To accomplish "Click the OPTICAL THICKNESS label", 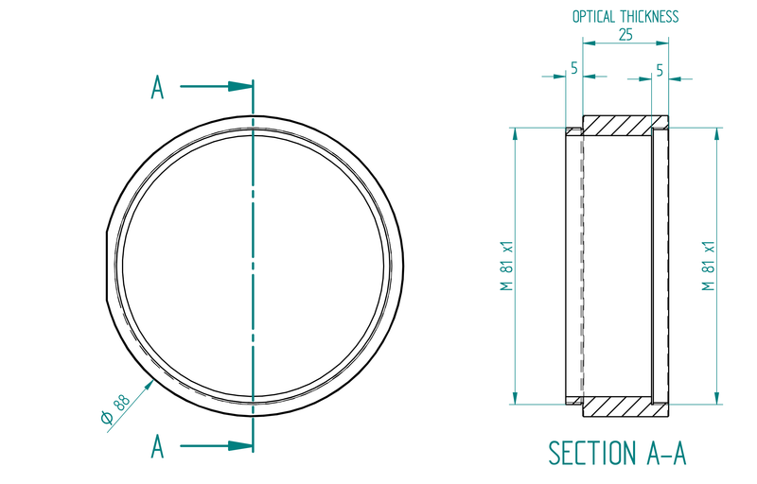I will point(625,16).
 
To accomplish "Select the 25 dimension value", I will point(625,34).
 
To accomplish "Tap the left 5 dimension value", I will point(573,69).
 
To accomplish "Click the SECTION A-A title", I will point(617,453).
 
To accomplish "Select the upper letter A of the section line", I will point(158,88).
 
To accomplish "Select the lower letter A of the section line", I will point(158,445).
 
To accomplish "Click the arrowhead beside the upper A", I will point(242,86).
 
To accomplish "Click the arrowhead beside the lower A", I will point(242,445).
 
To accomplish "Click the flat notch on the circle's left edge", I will point(105,265).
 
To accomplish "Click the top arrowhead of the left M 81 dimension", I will point(516,133).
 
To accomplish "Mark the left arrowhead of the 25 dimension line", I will point(587,43).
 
